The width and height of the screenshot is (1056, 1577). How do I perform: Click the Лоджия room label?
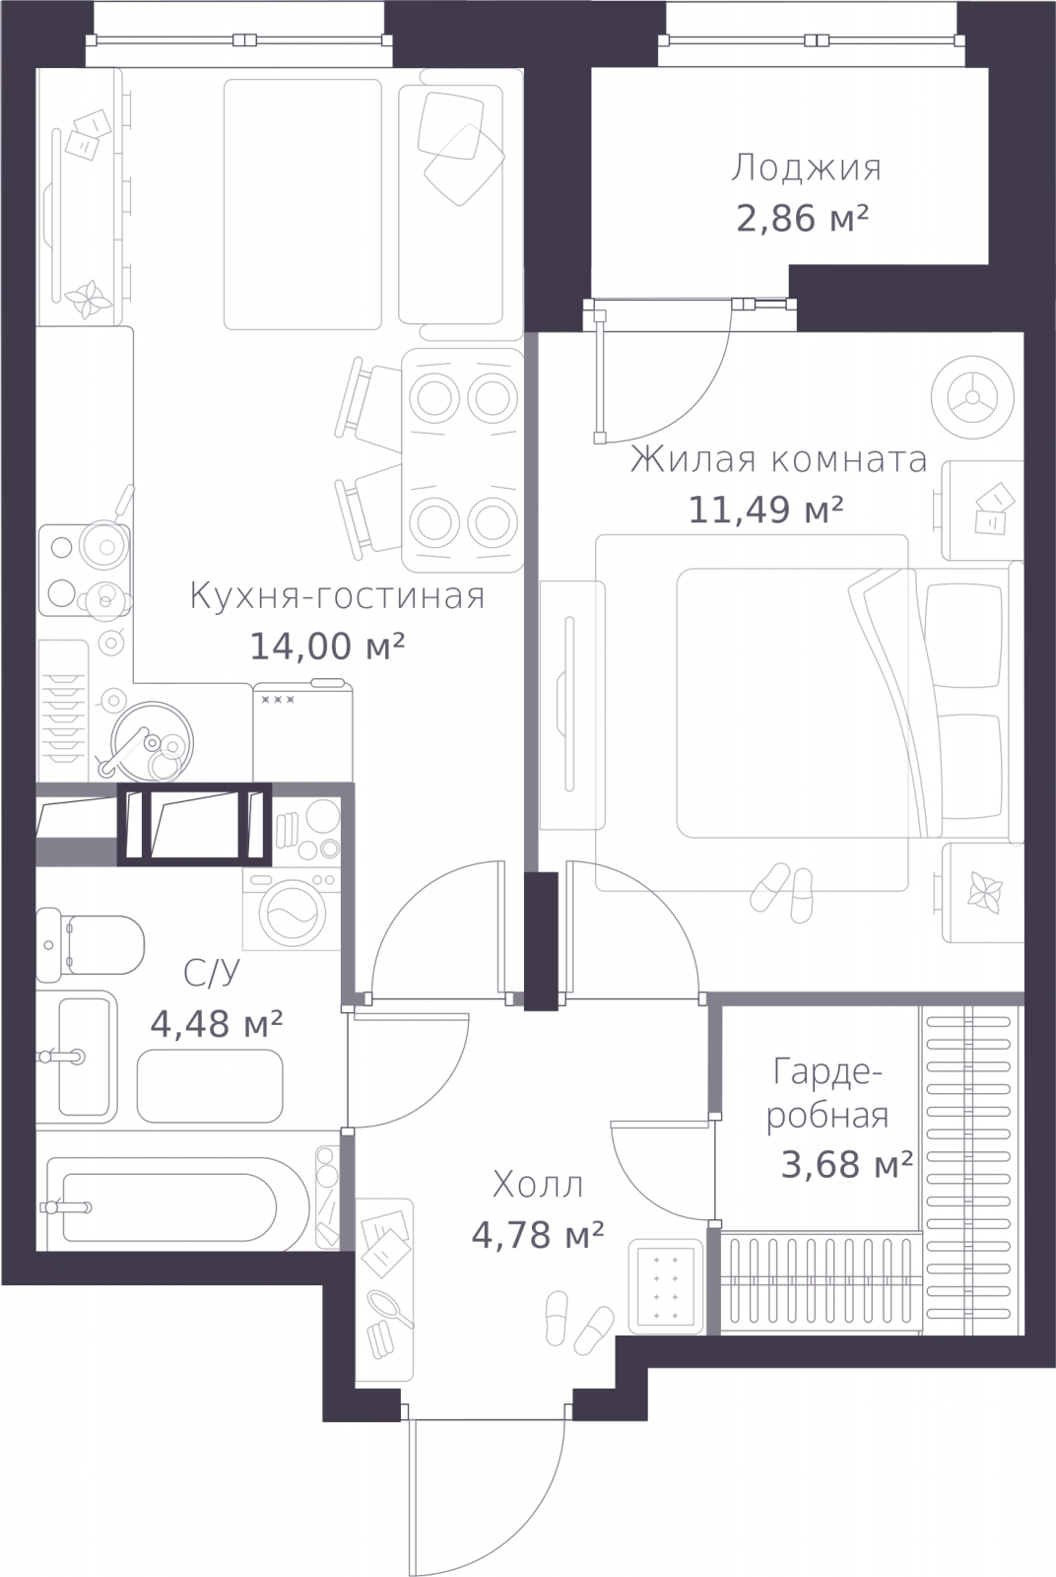point(806,169)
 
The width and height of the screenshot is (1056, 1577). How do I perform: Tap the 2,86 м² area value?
point(802,218)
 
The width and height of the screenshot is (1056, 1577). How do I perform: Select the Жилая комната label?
point(778,459)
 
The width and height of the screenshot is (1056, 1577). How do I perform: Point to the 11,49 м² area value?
point(765,510)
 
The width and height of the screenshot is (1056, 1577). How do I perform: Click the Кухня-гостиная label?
point(337,596)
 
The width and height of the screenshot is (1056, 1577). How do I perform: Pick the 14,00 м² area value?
point(327,647)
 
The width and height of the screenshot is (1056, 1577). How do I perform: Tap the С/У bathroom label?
point(212,974)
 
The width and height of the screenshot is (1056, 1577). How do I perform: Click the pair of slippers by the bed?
point(784,891)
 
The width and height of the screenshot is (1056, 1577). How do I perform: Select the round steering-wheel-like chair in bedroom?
point(971,397)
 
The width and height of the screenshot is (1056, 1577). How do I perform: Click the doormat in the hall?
point(667,1285)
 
